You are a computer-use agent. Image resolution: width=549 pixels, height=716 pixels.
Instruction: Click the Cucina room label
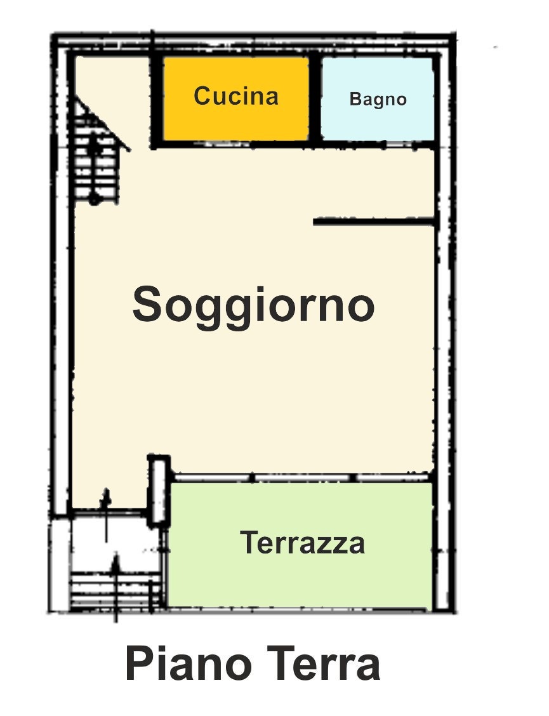235,96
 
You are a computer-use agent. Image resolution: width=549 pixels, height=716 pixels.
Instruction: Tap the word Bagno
378,100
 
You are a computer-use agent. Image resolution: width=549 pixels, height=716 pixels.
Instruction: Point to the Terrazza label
302,543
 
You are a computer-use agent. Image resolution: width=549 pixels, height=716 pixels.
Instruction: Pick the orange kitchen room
235,98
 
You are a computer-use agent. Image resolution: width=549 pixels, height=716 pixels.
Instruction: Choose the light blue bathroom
377,98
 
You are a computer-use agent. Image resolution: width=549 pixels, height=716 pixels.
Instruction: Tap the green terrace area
300,545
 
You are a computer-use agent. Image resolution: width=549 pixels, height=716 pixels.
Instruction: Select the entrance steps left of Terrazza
117,590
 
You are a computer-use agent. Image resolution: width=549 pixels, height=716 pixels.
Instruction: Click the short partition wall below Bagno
373,222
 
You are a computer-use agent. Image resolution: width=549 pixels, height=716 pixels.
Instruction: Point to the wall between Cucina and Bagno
315,98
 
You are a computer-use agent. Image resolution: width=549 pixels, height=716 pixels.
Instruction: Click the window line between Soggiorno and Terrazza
302,477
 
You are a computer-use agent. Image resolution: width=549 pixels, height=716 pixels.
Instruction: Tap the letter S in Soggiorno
147,303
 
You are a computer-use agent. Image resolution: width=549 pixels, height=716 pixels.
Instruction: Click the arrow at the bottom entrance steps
116,589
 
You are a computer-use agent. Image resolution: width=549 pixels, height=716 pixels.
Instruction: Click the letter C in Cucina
203,96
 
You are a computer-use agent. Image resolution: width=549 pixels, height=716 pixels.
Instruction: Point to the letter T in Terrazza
249,543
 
